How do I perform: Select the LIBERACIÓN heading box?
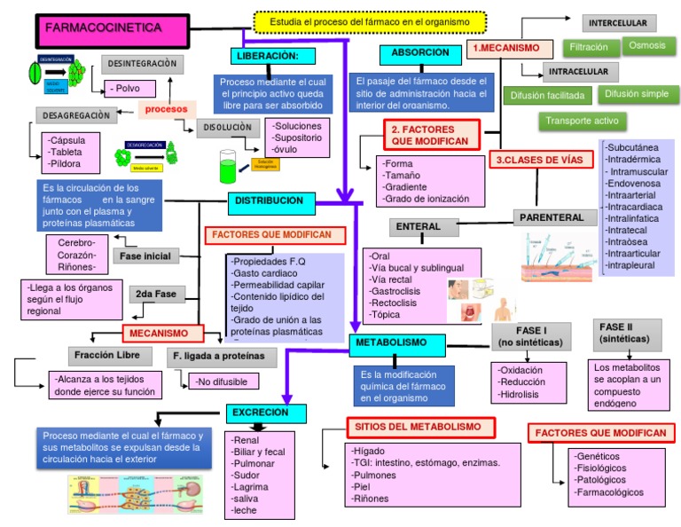tap(275, 56)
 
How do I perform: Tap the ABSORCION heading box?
tap(419, 54)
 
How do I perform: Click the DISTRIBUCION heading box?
tap(269, 201)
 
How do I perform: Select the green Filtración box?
tap(588, 48)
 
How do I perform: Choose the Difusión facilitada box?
tap(546, 95)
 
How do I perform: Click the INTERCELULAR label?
tap(619, 22)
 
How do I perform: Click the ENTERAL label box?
tap(419, 227)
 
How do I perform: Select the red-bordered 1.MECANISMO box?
tap(505, 50)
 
